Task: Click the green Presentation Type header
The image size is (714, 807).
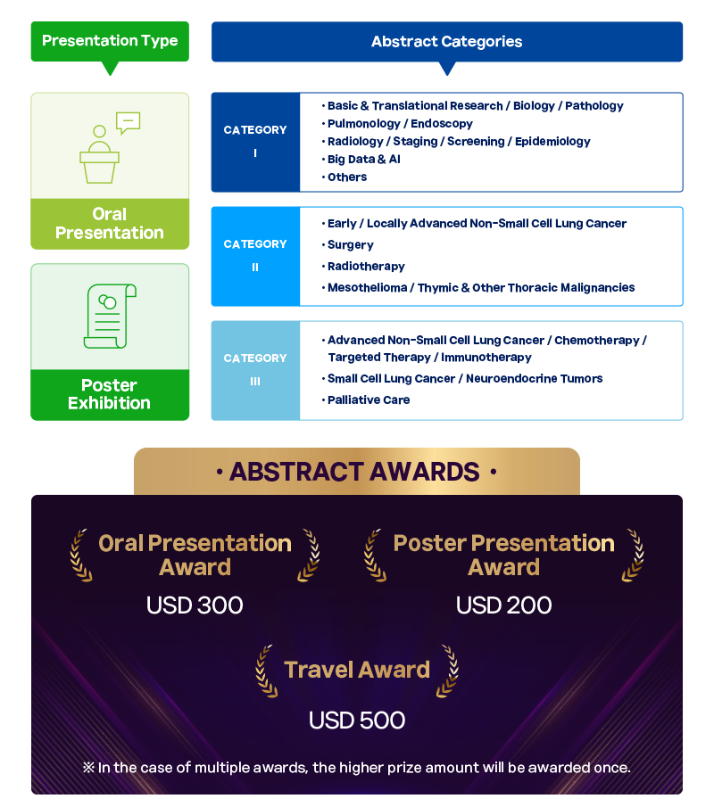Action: [110, 41]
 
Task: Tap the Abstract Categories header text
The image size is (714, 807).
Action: [446, 42]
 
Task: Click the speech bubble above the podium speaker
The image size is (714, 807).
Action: [129, 122]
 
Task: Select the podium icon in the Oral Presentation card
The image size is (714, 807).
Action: [99, 154]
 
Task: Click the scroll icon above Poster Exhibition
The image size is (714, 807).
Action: [110, 316]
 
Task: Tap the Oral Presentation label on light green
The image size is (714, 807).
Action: [110, 223]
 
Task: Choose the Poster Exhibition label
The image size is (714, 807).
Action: [110, 394]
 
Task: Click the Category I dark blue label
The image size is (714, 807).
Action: [255, 142]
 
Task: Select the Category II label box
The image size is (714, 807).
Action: [255, 256]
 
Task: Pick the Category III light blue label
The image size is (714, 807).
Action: [255, 371]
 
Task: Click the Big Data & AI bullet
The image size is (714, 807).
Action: [361, 160]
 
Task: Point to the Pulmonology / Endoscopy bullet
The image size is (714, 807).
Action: [397, 124]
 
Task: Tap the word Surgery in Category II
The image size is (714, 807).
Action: [350, 245]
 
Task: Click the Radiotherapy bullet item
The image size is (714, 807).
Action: [363, 267]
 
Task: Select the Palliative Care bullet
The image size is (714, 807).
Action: [366, 399]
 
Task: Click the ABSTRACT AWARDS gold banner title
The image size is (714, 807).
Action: [355, 472]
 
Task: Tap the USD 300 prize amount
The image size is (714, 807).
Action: [195, 605]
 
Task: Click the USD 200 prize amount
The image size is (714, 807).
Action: [504, 605]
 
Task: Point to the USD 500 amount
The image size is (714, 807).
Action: [357, 720]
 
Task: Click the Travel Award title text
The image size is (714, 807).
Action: [357, 670]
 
